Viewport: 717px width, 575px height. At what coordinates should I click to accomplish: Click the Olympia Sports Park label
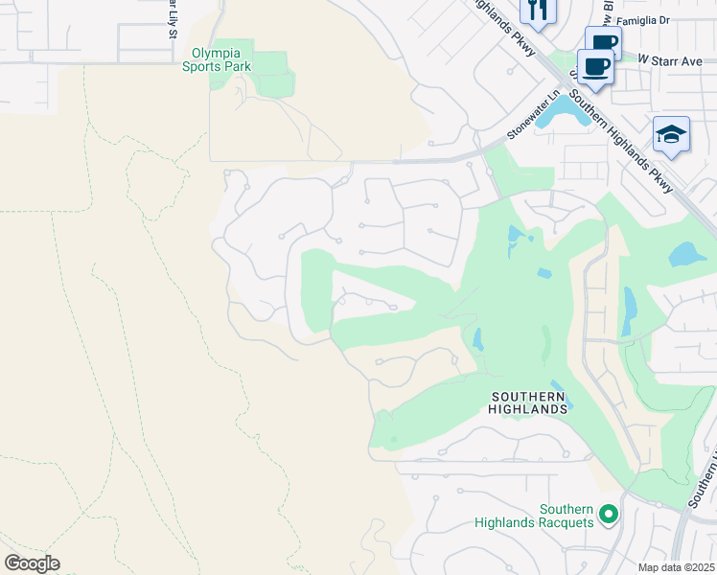[x=220, y=59]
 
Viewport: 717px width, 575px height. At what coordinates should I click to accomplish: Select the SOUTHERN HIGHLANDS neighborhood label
[x=529, y=402]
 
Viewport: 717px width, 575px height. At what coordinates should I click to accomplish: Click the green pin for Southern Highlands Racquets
[x=608, y=516]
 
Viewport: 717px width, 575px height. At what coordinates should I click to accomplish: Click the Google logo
[x=32, y=563]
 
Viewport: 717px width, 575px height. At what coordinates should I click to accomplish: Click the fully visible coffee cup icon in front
[x=595, y=68]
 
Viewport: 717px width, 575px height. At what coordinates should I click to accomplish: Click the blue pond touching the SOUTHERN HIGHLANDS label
[x=559, y=397]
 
